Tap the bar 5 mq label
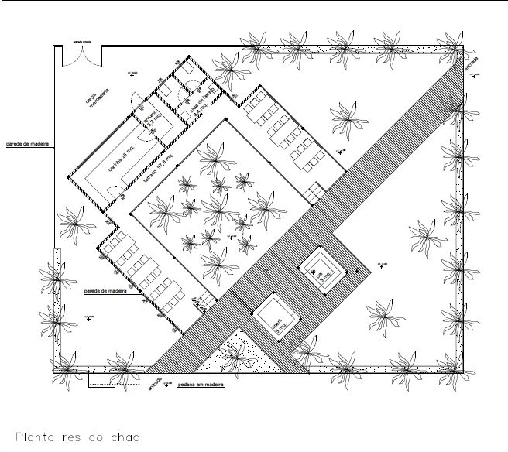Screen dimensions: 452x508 pyautogui.click(x=319, y=272)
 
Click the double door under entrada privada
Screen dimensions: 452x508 pyautogui.click(x=81, y=56)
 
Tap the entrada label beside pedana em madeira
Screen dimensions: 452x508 pyautogui.click(x=156, y=383)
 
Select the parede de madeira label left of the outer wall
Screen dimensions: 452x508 pyautogui.click(x=26, y=143)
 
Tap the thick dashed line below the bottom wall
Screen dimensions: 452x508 pyautogui.click(x=115, y=385)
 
